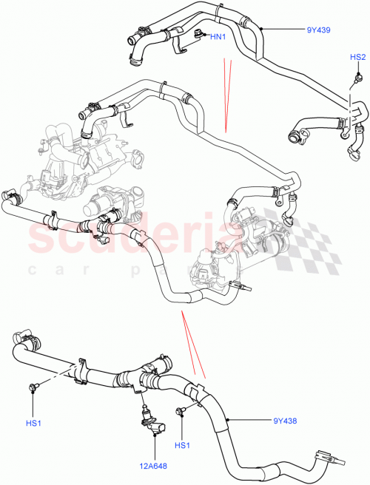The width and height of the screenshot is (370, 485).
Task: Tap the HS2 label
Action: tap(357, 57)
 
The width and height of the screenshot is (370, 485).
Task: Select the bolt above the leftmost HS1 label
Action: tap(34, 387)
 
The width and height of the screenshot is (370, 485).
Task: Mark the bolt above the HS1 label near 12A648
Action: tap(179, 410)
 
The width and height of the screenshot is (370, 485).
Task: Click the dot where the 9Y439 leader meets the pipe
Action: tap(260, 30)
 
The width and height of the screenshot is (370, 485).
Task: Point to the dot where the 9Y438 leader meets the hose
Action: tap(229, 421)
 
